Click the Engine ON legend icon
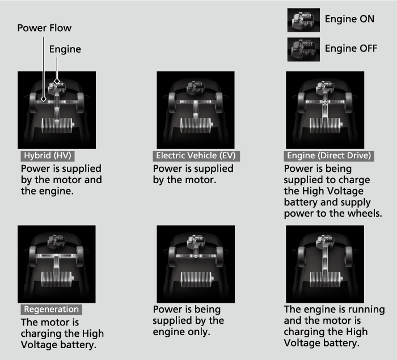pyautogui.click(x=303, y=20)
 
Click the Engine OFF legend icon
pyautogui.click(x=303, y=49)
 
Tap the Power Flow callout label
pyautogui.click(x=44, y=28)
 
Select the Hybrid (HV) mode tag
pyautogui.click(x=48, y=155)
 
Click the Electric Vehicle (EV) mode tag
pyautogui.click(x=196, y=155)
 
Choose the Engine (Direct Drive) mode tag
pyautogui.click(x=329, y=155)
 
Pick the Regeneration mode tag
pyautogui.click(x=52, y=310)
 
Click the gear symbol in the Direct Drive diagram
pyautogui.click(x=325, y=102)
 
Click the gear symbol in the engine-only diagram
pyautogui.click(x=196, y=256)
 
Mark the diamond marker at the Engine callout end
pyautogui.click(x=57, y=81)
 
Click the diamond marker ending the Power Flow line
pyautogui.click(x=44, y=99)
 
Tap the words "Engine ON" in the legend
pyautogui.click(x=349, y=19)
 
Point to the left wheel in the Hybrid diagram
pyautogui.click(x=33, y=103)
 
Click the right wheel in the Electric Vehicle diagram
pyautogui.click(x=219, y=103)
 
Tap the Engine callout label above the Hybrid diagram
pyautogui.click(x=65, y=49)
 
